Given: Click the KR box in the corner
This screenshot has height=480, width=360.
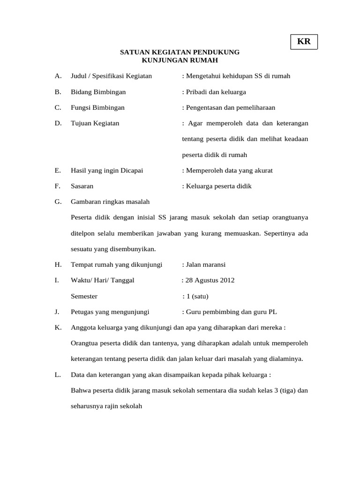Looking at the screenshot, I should pyautogui.click(x=304, y=41).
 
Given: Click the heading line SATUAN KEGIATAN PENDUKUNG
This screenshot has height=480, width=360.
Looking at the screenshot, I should pyautogui.click(x=180, y=52).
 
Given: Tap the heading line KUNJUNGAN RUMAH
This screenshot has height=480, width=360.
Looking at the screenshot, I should pyautogui.click(x=180, y=60).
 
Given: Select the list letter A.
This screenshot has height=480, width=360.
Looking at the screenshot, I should pyautogui.click(x=58, y=76).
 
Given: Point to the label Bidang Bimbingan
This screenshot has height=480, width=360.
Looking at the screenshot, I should pyautogui.click(x=98, y=92).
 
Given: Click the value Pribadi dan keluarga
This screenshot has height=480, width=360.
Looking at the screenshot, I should pyautogui.click(x=216, y=92).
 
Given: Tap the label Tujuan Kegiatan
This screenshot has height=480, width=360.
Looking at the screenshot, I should pyautogui.click(x=95, y=123).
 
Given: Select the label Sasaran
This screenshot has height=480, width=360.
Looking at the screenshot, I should pyautogui.click(x=82, y=186).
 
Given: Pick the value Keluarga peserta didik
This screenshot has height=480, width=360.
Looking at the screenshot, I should pyautogui.click(x=218, y=186).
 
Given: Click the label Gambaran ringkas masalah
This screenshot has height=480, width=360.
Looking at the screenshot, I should pyautogui.click(x=110, y=202).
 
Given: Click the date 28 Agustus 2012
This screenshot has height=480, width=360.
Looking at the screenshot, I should pyautogui.click(x=210, y=280).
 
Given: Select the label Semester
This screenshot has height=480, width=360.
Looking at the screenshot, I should pyautogui.click(x=84, y=296).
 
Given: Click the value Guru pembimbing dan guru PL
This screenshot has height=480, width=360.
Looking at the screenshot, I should pyautogui.click(x=232, y=312).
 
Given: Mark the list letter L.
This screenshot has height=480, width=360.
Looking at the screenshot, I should pyautogui.click(x=57, y=375).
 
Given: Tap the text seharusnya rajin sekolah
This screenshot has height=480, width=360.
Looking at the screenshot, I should pyautogui.click(x=106, y=406).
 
